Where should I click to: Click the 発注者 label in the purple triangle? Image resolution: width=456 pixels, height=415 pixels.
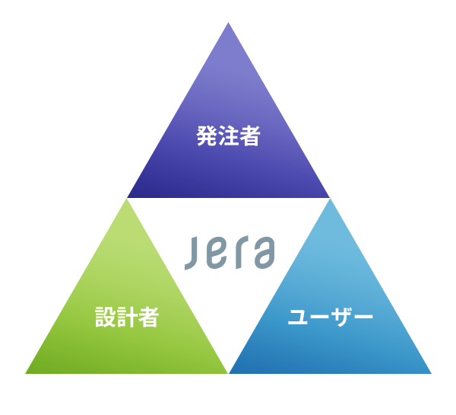pos(228,136)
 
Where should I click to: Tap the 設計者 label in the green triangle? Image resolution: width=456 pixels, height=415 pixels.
pos(127,317)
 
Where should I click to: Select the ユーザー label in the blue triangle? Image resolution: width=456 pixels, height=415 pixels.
pos(331,317)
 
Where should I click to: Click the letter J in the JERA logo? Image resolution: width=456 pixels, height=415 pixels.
pos(192,254)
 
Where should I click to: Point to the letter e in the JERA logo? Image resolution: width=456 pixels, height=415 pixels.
pos(217,254)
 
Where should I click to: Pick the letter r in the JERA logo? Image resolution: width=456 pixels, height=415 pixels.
pos(242,252)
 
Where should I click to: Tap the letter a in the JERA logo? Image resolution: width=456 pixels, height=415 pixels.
pos(264,253)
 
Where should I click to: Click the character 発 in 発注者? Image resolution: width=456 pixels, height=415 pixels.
pos(207,136)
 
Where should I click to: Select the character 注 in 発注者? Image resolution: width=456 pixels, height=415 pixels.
pos(228,136)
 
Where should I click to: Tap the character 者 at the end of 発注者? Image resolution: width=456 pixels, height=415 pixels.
pos(250,136)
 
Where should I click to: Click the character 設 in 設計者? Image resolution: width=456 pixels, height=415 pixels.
pos(106,317)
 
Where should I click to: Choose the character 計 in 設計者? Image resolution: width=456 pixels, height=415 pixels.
pos(127,317)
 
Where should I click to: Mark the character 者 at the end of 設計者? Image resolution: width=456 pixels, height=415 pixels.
pos(148,317)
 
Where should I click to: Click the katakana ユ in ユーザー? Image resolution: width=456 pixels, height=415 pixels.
pos(297,318)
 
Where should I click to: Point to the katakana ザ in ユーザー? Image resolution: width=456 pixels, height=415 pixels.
pos(341,317)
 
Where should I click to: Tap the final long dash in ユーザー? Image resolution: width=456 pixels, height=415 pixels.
pos(363,317)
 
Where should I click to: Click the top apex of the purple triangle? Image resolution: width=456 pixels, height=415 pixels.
pos(228,22)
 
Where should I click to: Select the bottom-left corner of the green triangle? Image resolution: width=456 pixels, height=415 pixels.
pos(26,373)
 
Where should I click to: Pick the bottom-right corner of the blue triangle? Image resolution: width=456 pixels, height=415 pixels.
pos(431,373)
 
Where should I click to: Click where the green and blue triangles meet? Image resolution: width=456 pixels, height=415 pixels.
pos(228,373)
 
